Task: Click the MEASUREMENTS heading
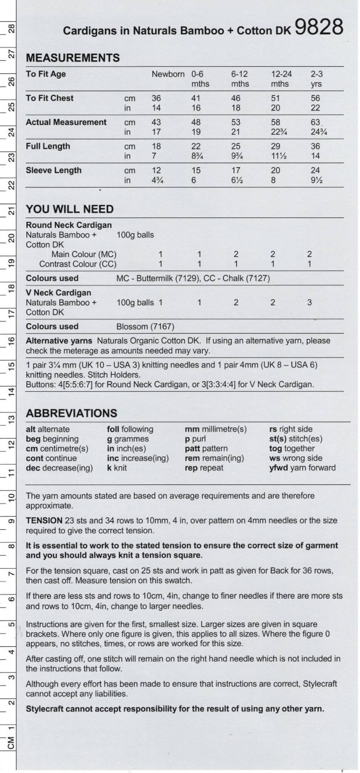72,58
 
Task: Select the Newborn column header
168,74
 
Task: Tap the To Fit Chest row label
49,98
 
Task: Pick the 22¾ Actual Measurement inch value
278,132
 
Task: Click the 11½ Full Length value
278,156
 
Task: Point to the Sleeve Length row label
53,170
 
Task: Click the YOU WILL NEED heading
69,209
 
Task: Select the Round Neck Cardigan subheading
69,225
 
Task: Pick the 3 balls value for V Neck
309,302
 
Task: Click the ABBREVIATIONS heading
71,413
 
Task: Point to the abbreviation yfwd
278,468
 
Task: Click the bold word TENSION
44,520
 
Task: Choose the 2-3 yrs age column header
317,79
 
